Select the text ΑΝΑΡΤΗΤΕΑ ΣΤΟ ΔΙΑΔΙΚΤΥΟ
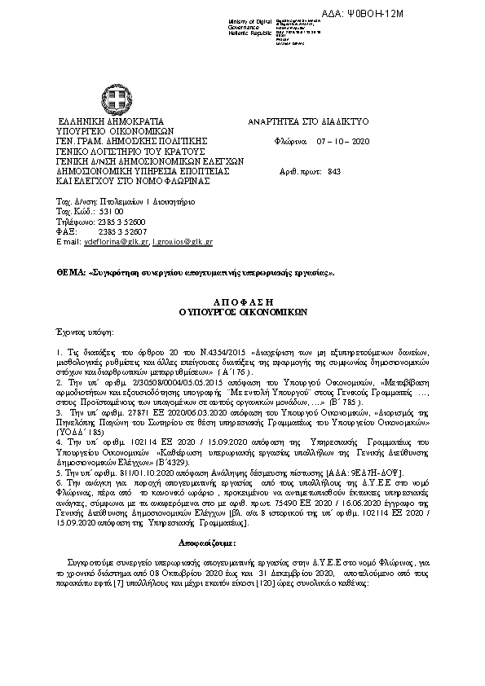[308, 121]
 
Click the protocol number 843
[333, 172]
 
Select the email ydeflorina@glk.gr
[114, 242]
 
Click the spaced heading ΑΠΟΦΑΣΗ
[242, 301]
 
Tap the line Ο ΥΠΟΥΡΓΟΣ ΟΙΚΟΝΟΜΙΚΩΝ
[242, 310]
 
